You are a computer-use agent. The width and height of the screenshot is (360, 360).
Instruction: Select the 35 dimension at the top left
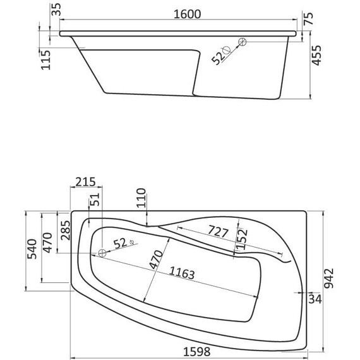(x=55, y=9)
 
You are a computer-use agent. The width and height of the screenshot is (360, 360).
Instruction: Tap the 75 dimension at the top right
(x=308, y=18)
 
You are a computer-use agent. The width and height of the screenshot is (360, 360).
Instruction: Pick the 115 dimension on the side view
(x=46, y=59)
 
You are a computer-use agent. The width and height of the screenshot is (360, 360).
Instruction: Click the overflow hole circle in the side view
(x=242, y=42)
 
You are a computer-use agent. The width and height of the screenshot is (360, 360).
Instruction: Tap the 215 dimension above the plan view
(x=85, y=182)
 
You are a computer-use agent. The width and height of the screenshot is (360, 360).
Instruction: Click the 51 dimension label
(x=95, y=200)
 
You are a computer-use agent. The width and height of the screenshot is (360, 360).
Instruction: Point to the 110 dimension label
(x=141, y=199)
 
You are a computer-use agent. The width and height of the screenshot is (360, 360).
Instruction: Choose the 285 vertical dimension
(x=64, y=233)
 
